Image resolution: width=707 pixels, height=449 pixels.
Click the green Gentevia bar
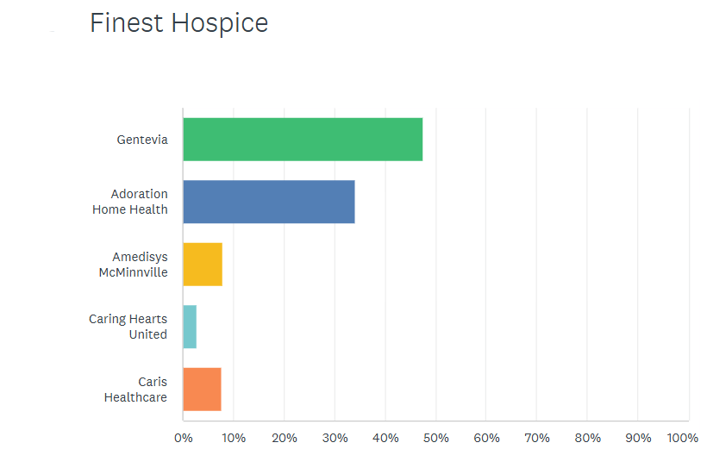pos(303,140)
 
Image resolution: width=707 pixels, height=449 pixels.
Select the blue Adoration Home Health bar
pos(269,202)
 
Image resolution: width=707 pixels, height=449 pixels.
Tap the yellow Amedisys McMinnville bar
pos(203,265)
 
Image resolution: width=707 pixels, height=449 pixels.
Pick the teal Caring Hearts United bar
pos(190,327)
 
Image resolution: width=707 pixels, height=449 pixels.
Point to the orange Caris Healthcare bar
pos(202,390)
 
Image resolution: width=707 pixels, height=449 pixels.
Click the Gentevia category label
pos(142,140)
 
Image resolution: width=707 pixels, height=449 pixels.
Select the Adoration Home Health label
pos(130,202)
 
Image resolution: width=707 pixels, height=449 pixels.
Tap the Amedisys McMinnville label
pos(134,265)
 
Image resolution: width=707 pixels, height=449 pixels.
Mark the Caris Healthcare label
pos(135,390)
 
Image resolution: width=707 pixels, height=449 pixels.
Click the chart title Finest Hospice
pos(178,23)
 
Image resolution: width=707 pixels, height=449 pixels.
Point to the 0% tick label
pos(183,438)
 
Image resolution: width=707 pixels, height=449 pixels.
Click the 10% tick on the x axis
pos(233,438)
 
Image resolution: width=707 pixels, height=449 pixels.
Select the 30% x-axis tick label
pos(335,438)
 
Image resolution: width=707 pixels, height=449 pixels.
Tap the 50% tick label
pos(435,438)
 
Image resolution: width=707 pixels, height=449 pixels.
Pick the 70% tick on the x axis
pos(536,438)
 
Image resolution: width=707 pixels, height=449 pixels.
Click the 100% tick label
pos(682,438)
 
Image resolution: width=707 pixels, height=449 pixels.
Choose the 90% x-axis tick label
pos(638,438)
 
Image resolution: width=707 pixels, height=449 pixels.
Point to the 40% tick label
pos(385,438)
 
